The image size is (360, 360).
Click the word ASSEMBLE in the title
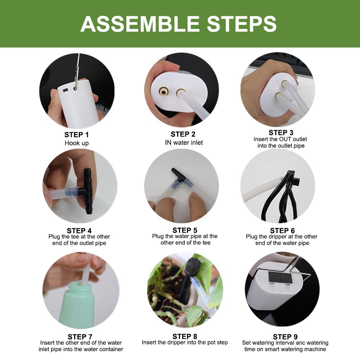coord(140,23)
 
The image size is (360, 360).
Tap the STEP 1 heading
coord(76,135)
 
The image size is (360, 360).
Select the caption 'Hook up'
coord(76,143)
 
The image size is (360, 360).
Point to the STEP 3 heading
coord(283,132)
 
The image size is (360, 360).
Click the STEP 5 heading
coord(185,230)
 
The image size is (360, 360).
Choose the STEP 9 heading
coord(285,337)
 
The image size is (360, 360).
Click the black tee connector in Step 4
coord(87,191)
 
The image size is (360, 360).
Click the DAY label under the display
coord(273,284)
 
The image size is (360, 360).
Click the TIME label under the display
coord(288,284)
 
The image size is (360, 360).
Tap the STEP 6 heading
coord(282,230)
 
